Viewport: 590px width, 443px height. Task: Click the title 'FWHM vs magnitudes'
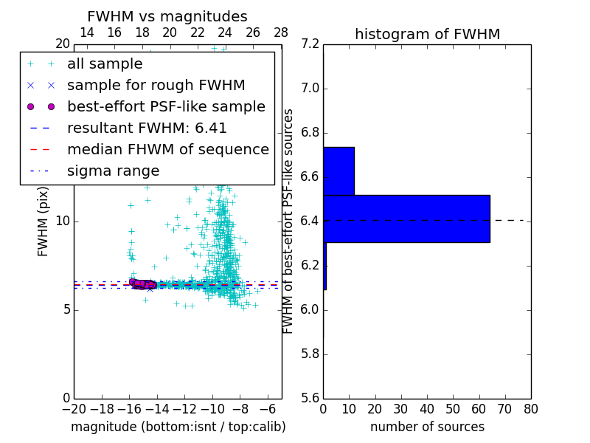pos(167,16)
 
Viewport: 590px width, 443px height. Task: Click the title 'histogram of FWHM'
pos(427,34)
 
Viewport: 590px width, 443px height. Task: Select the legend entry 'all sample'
pos(105,64)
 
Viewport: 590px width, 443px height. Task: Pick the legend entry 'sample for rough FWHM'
pos(156,86)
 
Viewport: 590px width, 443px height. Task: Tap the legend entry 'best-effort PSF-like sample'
pos(166,106)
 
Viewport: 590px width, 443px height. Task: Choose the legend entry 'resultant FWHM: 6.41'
pos(147,128)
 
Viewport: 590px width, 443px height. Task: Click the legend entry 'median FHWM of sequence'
pos(167,149)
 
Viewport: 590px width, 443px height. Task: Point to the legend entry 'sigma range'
pos(113,171)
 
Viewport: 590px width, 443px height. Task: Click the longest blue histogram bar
pos(406,219)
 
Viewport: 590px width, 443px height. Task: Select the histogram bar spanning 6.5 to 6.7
pos(339,171)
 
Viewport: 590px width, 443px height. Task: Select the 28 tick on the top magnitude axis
pos(281,32)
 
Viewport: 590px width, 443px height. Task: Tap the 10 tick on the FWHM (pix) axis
pos(63,221)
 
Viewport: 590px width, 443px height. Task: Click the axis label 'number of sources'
pos(427,427)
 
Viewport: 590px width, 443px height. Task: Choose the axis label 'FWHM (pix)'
pos(44,221)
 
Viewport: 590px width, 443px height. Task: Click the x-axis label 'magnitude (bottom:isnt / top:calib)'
pos(178,427)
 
